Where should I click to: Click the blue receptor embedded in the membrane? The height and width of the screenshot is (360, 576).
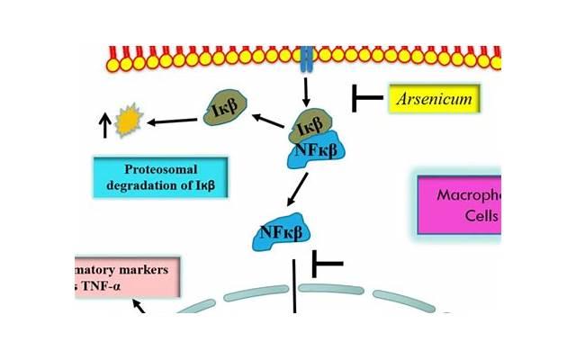click(x=306, y=59)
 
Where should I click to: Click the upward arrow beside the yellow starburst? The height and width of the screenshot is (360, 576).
click(x=105, y=125)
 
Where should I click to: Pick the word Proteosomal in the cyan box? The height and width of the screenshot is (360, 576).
click(x=160, y=169)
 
